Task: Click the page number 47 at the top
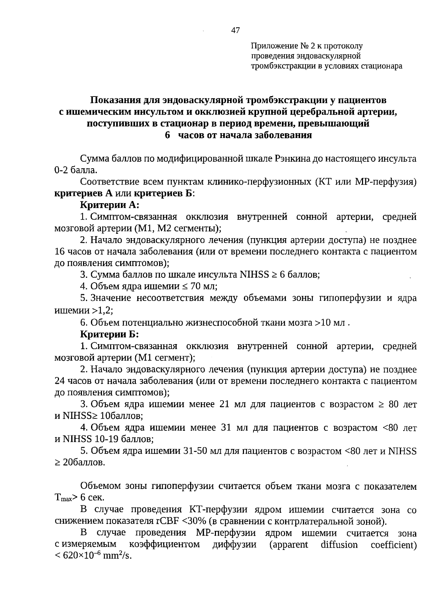click(x=236, y=31)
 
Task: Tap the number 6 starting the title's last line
click(x=168, y=135)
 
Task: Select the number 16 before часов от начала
click(x=59, y=252)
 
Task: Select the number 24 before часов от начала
click(x=59, y=381)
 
